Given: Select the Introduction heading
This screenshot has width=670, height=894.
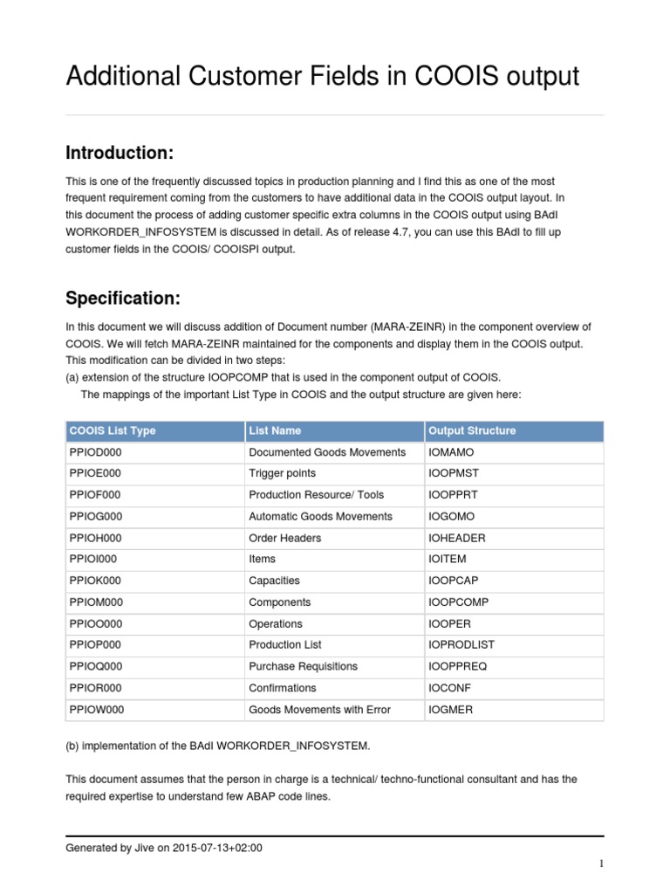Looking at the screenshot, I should coord(120,153).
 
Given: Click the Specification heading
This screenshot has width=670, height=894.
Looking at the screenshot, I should coord(123,298).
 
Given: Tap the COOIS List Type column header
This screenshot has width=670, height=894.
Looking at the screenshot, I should coord(112,430).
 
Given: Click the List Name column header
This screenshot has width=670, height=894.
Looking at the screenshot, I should coord(275,430).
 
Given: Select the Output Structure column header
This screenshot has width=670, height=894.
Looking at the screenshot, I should coord(472,430).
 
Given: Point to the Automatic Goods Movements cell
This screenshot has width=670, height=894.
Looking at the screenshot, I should coord(320,516).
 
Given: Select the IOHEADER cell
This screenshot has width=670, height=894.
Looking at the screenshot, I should coord(457,538).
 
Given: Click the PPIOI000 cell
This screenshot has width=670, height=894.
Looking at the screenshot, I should coord(92,559).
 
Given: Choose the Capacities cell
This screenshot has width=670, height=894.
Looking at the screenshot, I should coord(274,581).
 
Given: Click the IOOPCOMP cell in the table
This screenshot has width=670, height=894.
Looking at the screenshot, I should coord(460,602).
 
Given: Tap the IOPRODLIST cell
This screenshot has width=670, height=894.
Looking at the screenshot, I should coord(461,644).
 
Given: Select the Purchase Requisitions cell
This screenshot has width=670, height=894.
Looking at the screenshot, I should coord(303,666).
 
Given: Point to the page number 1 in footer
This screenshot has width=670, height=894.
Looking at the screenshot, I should coord(601,864).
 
